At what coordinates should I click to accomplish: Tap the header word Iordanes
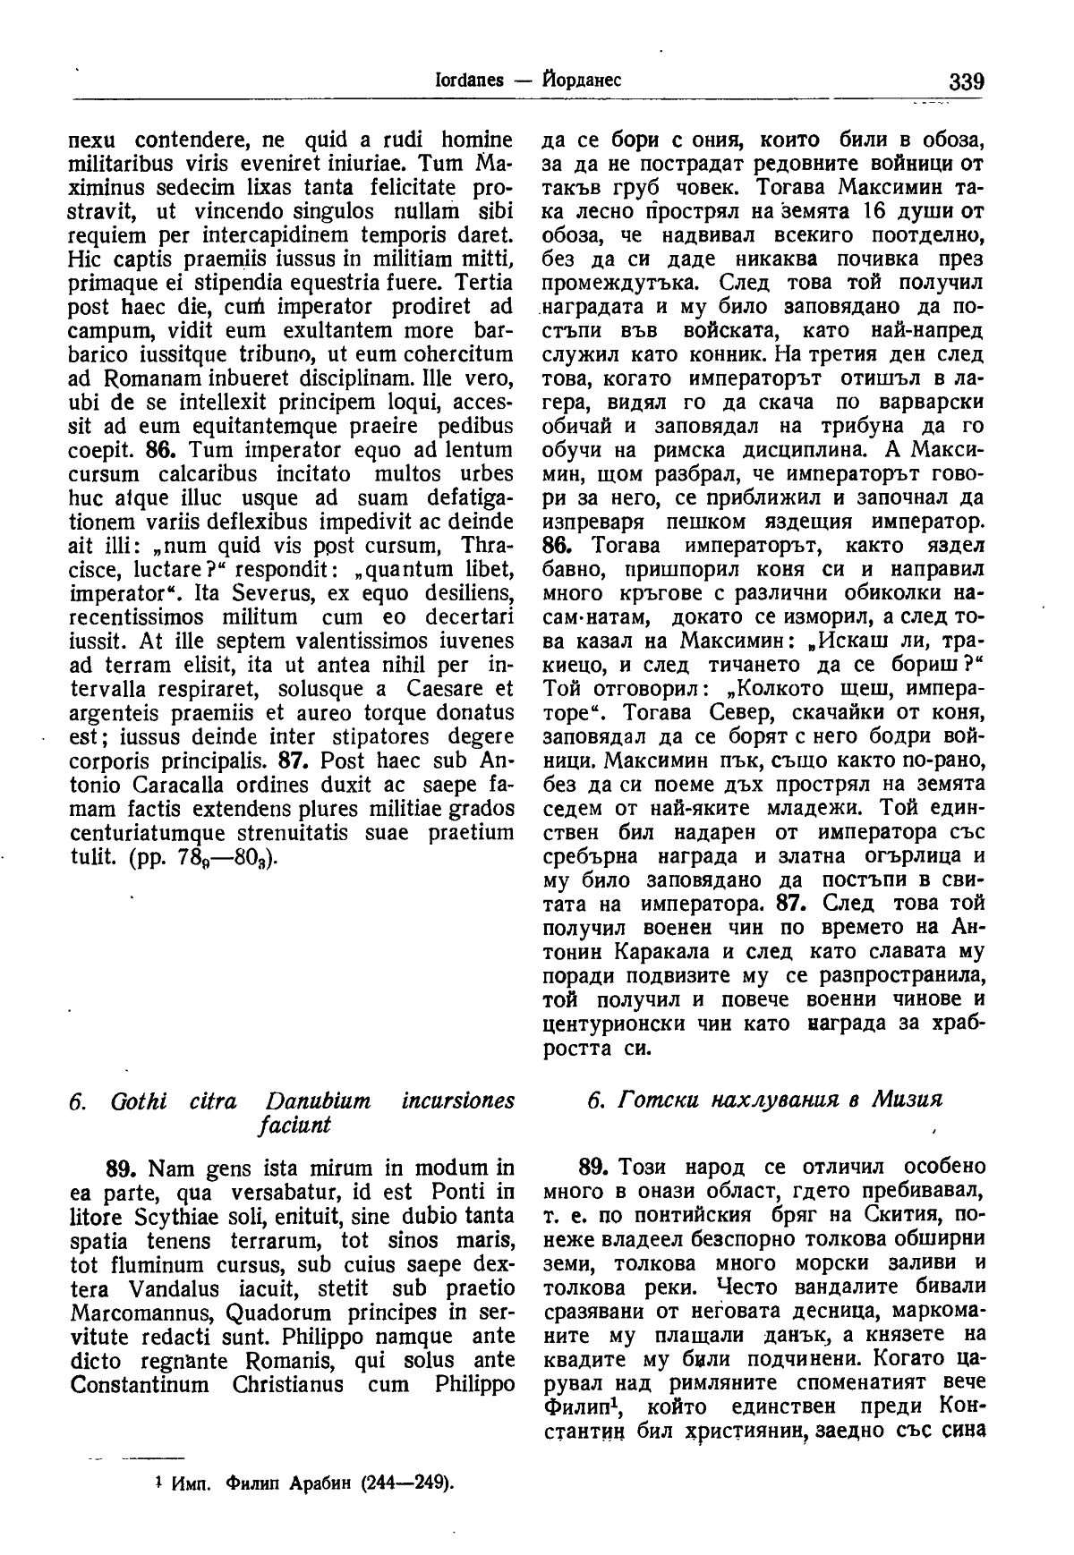tap(460, 81)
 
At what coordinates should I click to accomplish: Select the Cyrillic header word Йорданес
tap(577, 81)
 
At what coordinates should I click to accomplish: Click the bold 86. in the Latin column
tap(166, 449)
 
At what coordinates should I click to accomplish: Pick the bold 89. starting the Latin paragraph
tap(121, 1168)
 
